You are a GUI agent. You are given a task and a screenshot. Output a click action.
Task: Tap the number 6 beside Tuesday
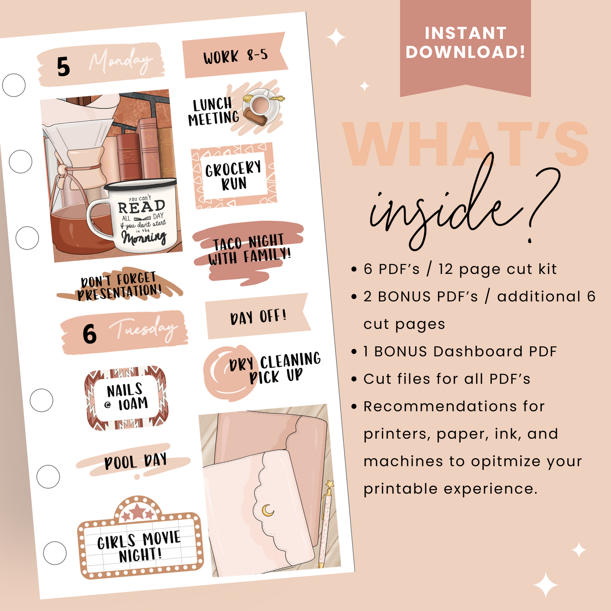[x=89, y=334]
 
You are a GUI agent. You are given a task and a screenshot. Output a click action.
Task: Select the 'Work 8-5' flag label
[x=235, y=55]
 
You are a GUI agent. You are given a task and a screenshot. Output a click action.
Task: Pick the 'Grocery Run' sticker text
[x=234, y=175]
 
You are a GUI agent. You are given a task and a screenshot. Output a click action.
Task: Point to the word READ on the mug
[x=141, y=207]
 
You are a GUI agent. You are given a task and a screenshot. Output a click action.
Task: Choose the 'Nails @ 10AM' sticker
[x=126, y=397]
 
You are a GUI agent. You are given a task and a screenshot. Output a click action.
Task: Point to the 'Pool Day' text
[x=136, y=461]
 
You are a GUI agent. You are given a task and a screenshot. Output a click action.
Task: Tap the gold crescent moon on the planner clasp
[x=268, y=510]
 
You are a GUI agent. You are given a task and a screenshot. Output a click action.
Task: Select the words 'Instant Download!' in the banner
[x=465, y=42]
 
